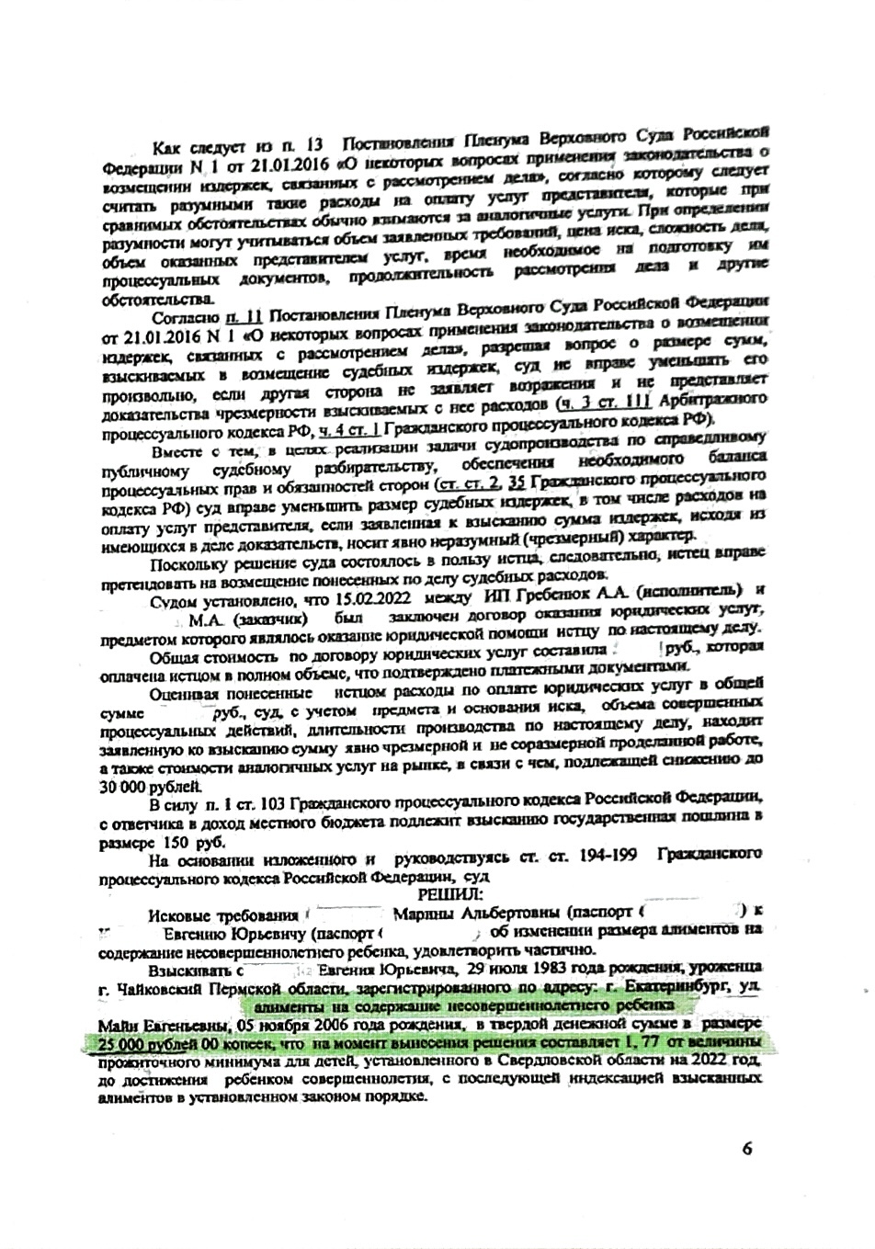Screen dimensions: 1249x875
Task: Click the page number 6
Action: pyautogui.click(x=746, y=1148)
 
